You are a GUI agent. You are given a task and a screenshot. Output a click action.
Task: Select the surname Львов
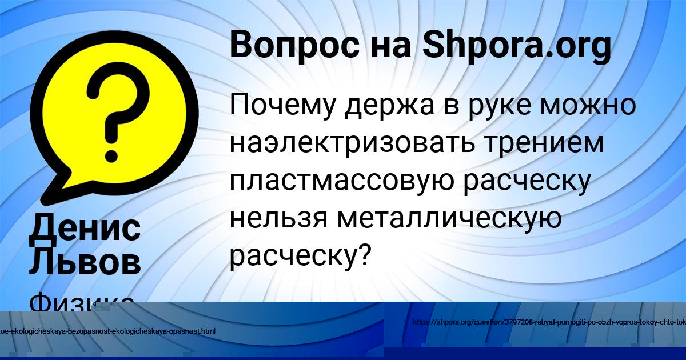click(85, 262)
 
